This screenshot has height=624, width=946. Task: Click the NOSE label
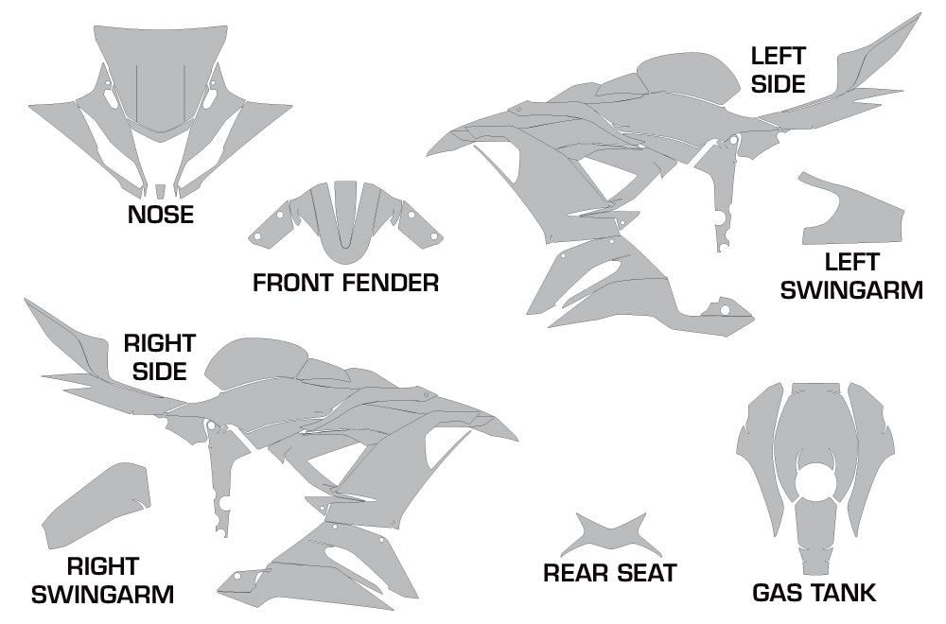pos(161,215)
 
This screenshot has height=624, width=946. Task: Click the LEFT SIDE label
pos(779,70)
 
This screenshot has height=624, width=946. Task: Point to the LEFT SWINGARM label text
pos(851,276)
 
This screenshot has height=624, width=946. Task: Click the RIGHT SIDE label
pos(159,357)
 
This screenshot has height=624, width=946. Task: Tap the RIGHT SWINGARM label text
pos(102,581)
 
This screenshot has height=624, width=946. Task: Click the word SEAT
pos(646,573)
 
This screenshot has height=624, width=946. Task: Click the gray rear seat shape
pos(610,534)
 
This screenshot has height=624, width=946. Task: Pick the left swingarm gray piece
pos(852,211)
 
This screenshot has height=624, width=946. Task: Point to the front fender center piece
pos(345,223)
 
